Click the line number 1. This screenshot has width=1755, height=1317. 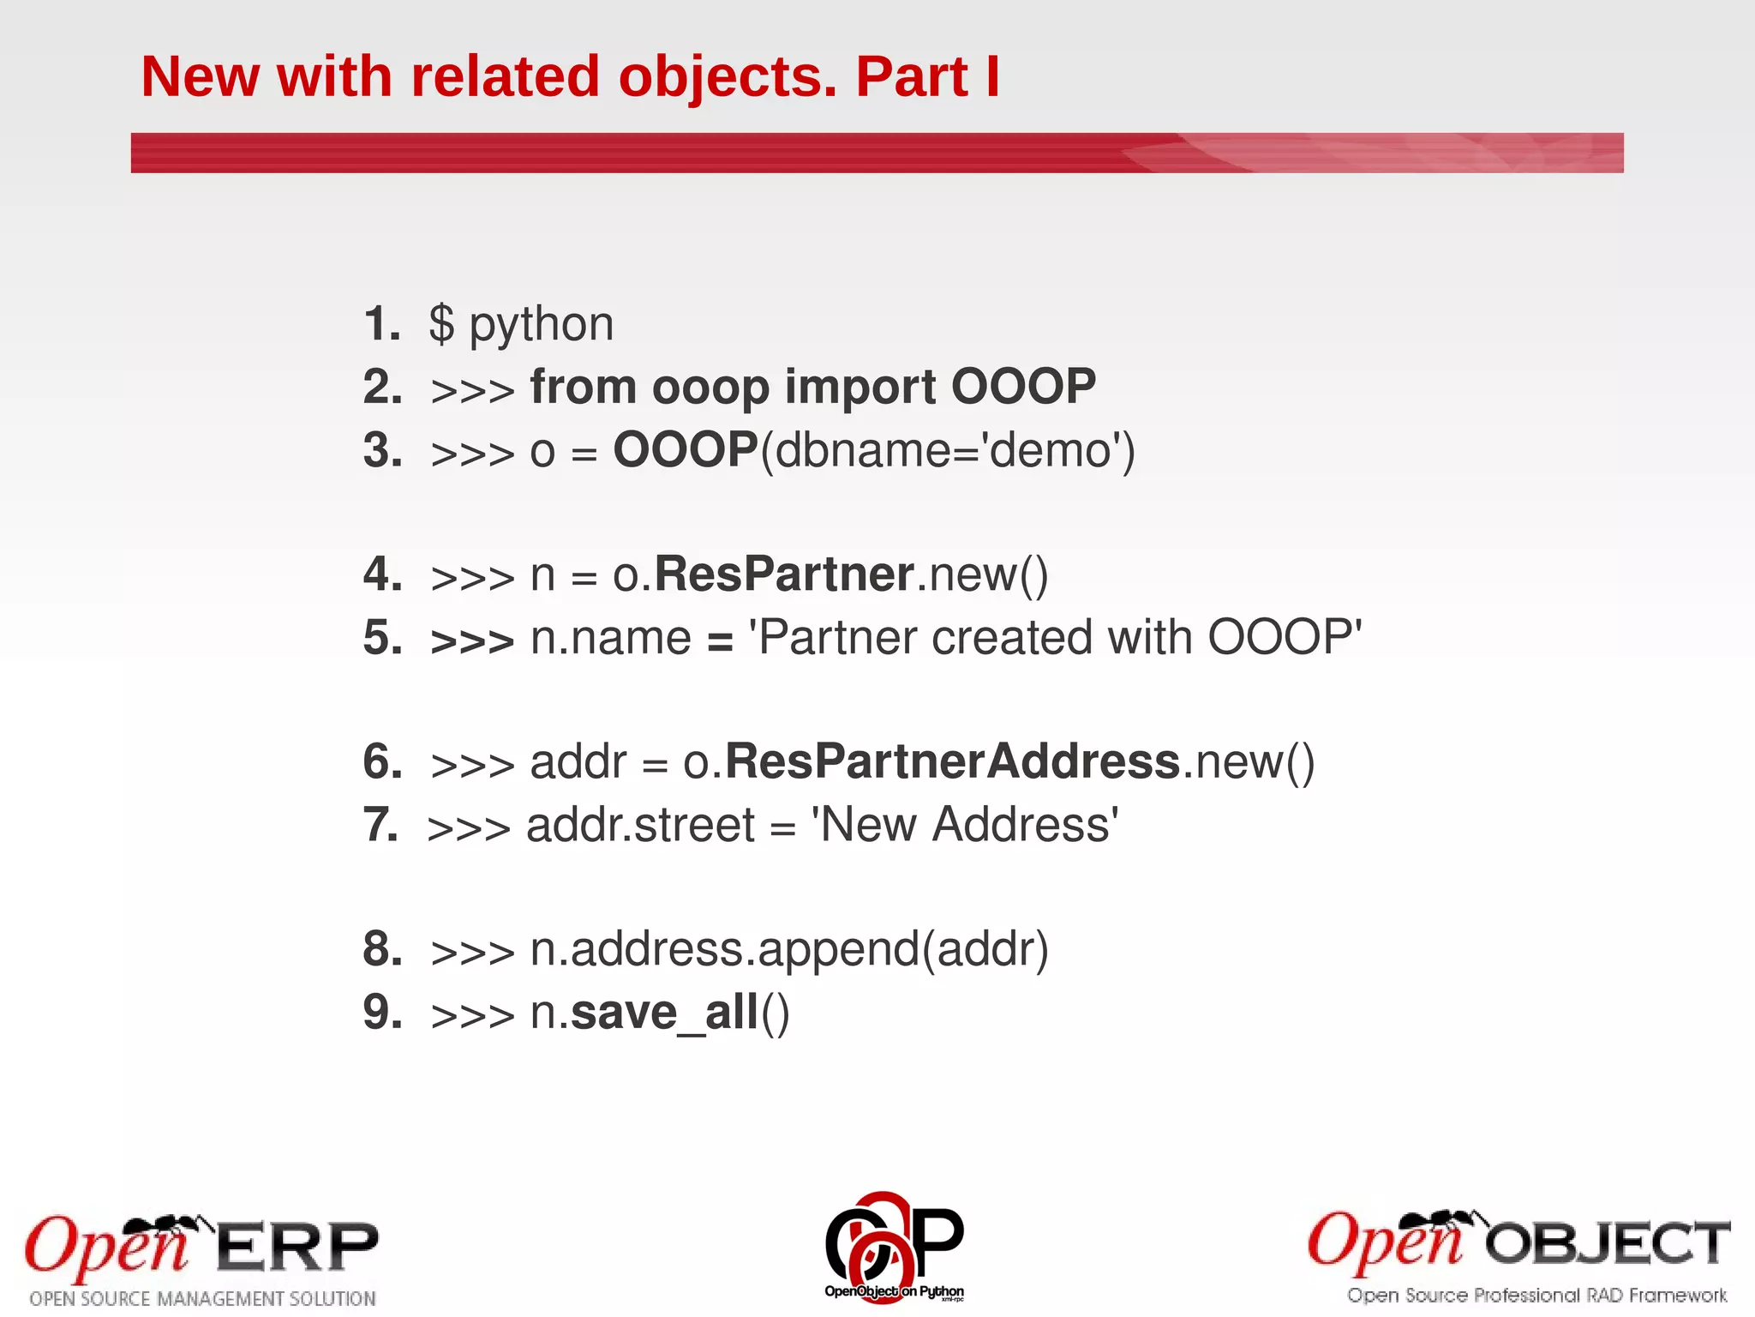[x=381, y=324]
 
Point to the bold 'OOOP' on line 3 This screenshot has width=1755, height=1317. [x=686, y=449]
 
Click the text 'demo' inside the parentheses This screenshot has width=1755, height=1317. [x=1050, y=450]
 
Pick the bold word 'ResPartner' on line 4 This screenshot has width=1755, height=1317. [x=783, y=574]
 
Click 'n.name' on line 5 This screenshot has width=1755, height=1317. [x=610, y=638]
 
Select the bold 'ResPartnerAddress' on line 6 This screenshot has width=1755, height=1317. [x=953, y=761]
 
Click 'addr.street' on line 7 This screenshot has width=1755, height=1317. [x=640, y=825]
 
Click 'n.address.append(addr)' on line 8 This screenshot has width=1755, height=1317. [x=788, y=949]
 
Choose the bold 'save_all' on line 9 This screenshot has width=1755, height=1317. [x=665, y=1013]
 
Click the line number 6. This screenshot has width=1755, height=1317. [x=382, y=761]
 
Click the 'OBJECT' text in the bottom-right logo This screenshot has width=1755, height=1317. [x=1607, y=1244]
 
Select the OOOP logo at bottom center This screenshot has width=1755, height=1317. [x=894, y=1246]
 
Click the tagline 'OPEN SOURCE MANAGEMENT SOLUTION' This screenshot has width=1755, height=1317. [x=203, y=1299]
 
